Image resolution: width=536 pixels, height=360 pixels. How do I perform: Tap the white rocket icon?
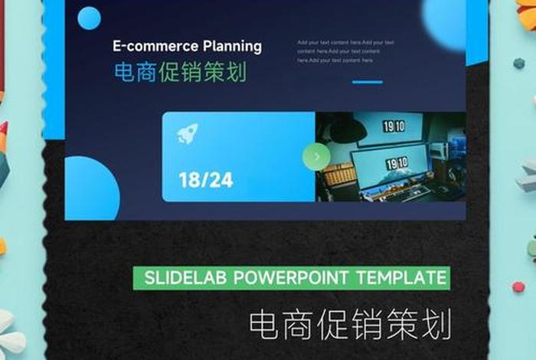point(188,134)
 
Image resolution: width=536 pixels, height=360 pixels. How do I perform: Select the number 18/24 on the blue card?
point(205,180)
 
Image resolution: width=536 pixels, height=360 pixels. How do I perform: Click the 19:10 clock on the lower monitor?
point(397,163)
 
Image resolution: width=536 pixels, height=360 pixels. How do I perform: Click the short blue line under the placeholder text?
point(367,82)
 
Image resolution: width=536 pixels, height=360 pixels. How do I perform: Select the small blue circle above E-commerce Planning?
point(90,18)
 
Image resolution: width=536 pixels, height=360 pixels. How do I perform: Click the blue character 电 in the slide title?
point(124,73)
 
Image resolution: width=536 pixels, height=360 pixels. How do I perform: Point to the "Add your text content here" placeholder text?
point(345,51)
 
